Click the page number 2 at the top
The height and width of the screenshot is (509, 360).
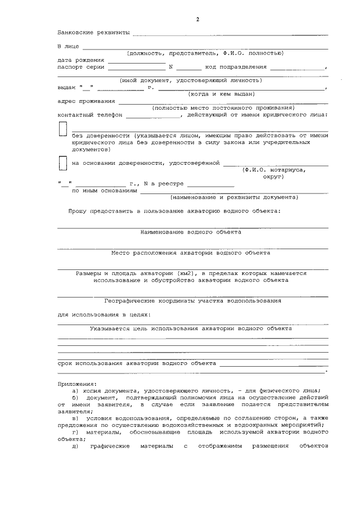197,20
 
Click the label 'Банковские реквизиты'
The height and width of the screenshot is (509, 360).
93,33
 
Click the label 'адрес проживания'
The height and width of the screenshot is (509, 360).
86,101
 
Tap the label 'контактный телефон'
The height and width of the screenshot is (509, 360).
90,115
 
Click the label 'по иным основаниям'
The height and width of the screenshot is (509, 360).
104,191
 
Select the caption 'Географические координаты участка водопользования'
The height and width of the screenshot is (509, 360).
193,300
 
